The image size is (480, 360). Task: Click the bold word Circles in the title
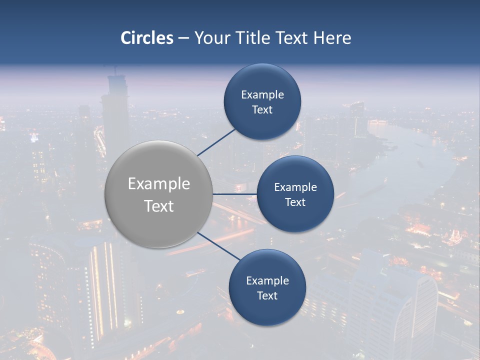[x=147, y=38]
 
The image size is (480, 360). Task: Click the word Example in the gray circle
[x=159, y=184]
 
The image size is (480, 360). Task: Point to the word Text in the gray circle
[x=159, y=206]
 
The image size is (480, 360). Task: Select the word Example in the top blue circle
[x=262, y=95]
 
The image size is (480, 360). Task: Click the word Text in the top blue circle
[x=262, y=110]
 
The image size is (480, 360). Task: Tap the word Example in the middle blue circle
[x=295, y=187]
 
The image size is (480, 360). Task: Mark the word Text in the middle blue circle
[x=295, y=202]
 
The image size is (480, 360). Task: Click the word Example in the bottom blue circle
[x=267, y=281]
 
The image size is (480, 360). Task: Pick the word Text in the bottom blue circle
[x=267, y=296]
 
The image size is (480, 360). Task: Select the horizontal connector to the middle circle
[x=235, y=194]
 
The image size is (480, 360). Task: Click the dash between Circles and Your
[x=183, y=38]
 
